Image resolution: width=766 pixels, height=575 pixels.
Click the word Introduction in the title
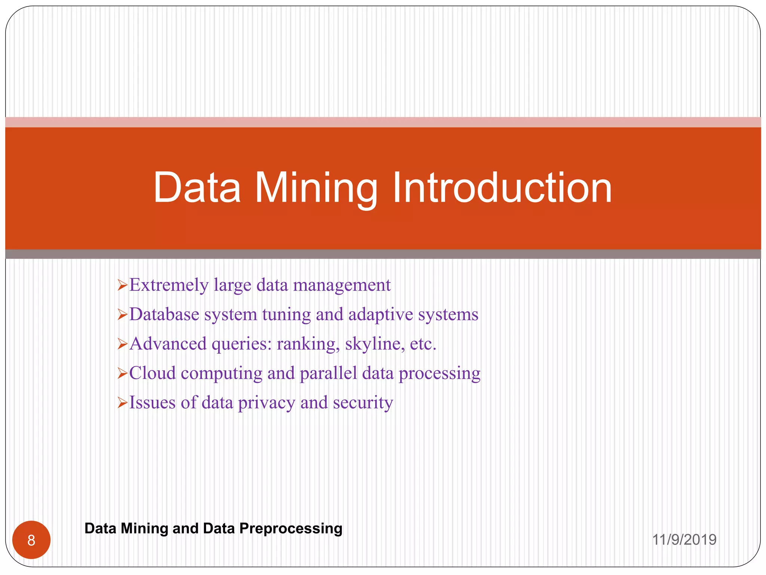[502, 188]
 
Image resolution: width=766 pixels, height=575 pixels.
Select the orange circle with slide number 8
[31, 540]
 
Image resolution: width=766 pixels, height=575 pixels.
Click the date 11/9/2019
[684, 540]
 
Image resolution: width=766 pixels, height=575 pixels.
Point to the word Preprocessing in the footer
[291, 528]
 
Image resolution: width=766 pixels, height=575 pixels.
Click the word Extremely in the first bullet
[169, 285]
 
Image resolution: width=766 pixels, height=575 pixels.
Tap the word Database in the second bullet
[164, 314]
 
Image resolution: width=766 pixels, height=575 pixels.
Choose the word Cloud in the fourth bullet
[152, 373]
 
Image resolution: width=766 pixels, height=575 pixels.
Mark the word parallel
[328, 373]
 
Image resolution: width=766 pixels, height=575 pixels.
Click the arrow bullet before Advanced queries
[122, 344]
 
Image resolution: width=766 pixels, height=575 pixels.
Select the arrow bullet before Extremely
[122, 286]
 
